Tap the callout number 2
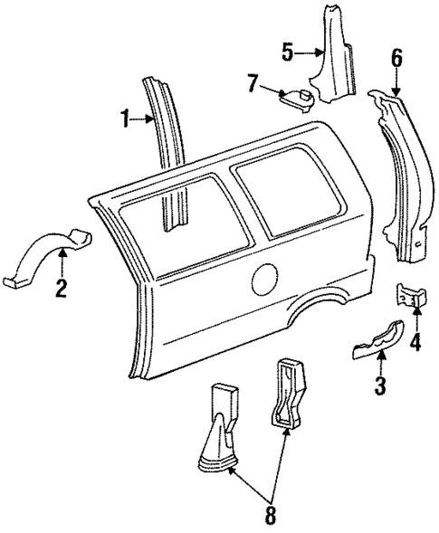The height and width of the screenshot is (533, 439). click(61, 290)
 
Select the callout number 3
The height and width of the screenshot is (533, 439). click(381, 387)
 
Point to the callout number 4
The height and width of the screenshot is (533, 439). click(415, 342)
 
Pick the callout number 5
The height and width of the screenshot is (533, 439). click(287, 52)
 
